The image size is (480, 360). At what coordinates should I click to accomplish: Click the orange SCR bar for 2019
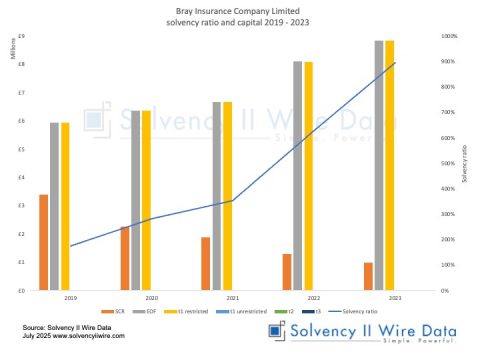click(43, 242)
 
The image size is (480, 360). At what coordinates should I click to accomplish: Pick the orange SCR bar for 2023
click(368, 276)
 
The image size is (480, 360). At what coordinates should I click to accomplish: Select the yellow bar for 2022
click(308, 176)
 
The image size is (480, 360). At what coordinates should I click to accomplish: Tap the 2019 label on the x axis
click(70, 298)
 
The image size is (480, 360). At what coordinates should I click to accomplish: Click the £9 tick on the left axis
click(23, 36)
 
